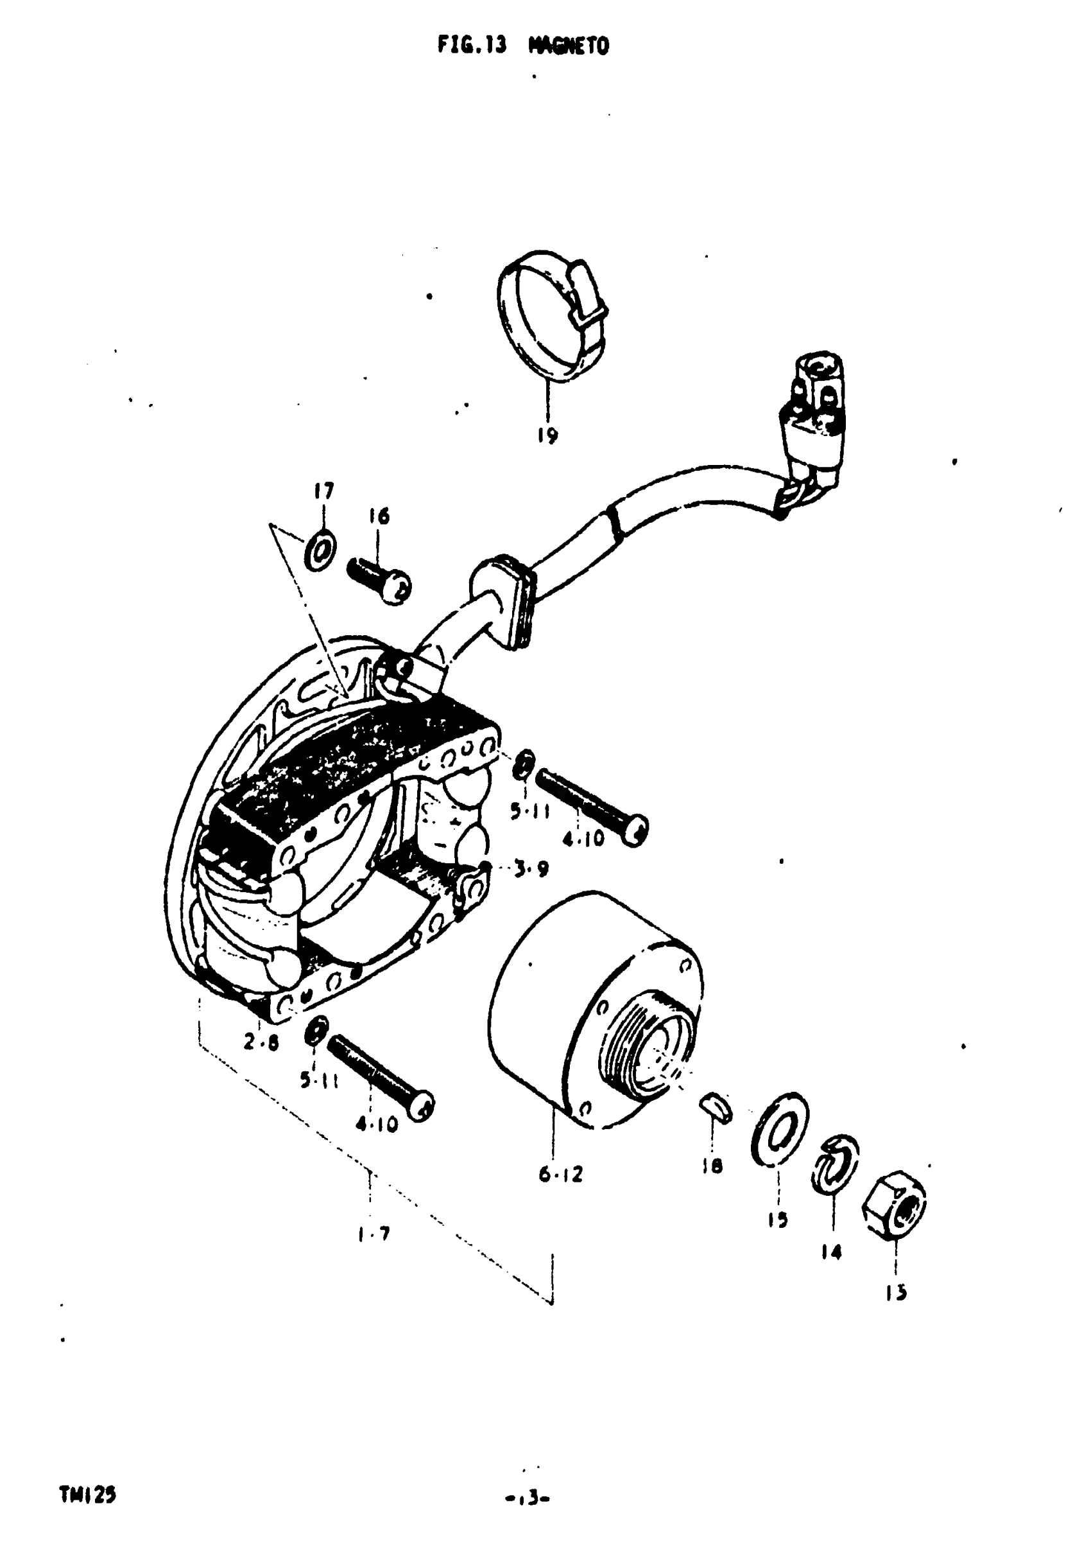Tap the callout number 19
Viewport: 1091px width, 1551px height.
click(547, 435)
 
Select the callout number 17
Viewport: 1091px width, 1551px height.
click(323, 491)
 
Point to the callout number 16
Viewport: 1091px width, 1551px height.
click(379, 517)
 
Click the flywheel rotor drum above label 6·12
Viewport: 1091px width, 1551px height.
click(594, 1013)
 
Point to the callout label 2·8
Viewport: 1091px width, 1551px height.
click(261, 1043)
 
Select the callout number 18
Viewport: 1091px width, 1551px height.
click(712, 1165)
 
